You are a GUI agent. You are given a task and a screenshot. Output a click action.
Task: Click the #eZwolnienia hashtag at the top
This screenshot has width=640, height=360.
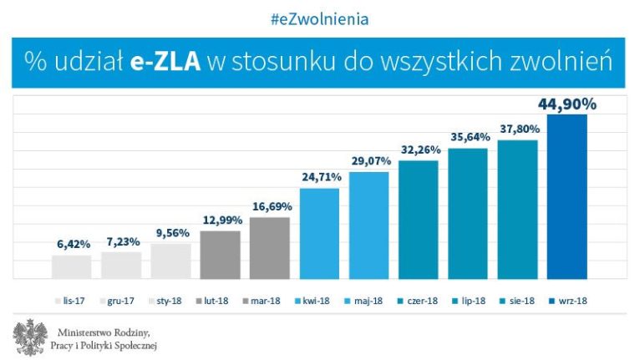[319, 18]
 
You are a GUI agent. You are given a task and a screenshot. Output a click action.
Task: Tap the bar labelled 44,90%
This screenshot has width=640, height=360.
[566, 196]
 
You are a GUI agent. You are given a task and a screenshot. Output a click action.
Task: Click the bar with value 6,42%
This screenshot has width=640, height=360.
[72, 266]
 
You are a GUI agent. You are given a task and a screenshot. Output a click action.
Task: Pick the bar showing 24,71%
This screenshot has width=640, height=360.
[319, 233]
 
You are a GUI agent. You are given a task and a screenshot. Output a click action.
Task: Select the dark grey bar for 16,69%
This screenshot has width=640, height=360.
[270, 247]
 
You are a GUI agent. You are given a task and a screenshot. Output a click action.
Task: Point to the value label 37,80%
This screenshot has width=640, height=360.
[518, 129]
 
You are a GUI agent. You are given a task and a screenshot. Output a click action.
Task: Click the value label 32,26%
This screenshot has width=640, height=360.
[419, 150]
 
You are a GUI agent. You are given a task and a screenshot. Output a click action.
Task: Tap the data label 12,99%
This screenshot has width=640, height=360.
[221, 220]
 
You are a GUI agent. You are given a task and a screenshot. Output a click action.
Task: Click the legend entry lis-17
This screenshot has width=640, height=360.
[72, 299]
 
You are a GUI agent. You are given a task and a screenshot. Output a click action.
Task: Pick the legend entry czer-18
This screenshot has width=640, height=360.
[419, 299]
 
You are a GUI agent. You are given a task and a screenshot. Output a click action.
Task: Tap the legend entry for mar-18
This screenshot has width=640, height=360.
[269, 299]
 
